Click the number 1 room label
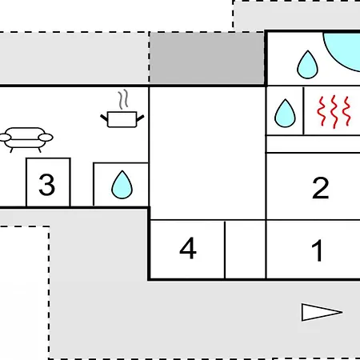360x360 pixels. point(318,250)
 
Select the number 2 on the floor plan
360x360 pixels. point(320,188)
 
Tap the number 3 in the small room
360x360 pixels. point(47,185)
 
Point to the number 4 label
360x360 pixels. point(188,248)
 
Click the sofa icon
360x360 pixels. point(26,140)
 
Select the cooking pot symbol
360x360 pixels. point(122,119)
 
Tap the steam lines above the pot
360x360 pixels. point(123,99)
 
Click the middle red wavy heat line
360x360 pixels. point(334,112)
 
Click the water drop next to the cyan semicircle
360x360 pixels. point(307,65)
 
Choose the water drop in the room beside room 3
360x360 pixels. point(122,185)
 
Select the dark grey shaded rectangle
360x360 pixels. point(206,58)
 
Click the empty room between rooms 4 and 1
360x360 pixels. point(246,250)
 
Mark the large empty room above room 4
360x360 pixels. point(207,153)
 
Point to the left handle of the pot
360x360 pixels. point(104,118)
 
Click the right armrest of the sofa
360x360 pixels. point(46,138)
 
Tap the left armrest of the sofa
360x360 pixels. point(5,138)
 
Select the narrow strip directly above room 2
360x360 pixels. point(314,144)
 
